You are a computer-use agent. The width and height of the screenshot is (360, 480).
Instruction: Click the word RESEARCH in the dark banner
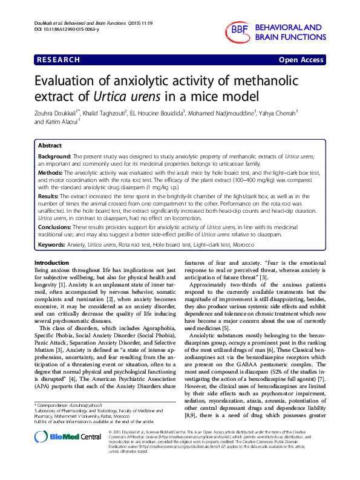click(x=59, y=60)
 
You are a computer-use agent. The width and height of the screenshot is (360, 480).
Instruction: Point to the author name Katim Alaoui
click(x=61, y=121)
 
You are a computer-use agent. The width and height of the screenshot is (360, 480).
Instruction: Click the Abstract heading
click(x=50, y=146)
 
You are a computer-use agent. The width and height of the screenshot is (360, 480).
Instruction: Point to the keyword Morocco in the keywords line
click(x=226, y=245)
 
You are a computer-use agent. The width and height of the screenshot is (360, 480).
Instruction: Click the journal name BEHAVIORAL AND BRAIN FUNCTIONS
click(x=288, y=32)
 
